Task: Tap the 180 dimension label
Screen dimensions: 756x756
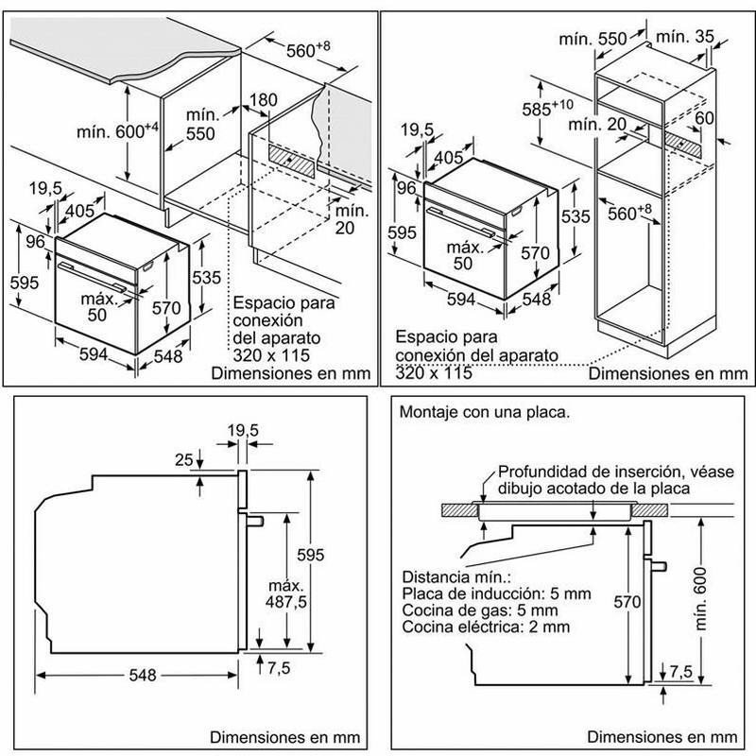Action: coord(265,100)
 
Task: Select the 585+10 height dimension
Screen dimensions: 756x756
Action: coord(546,106)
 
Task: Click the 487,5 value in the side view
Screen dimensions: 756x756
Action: coord(292,601)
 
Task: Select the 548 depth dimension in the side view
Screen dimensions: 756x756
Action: coord(140,676)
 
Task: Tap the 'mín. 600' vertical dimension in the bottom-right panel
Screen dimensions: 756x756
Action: coord(726,598)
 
